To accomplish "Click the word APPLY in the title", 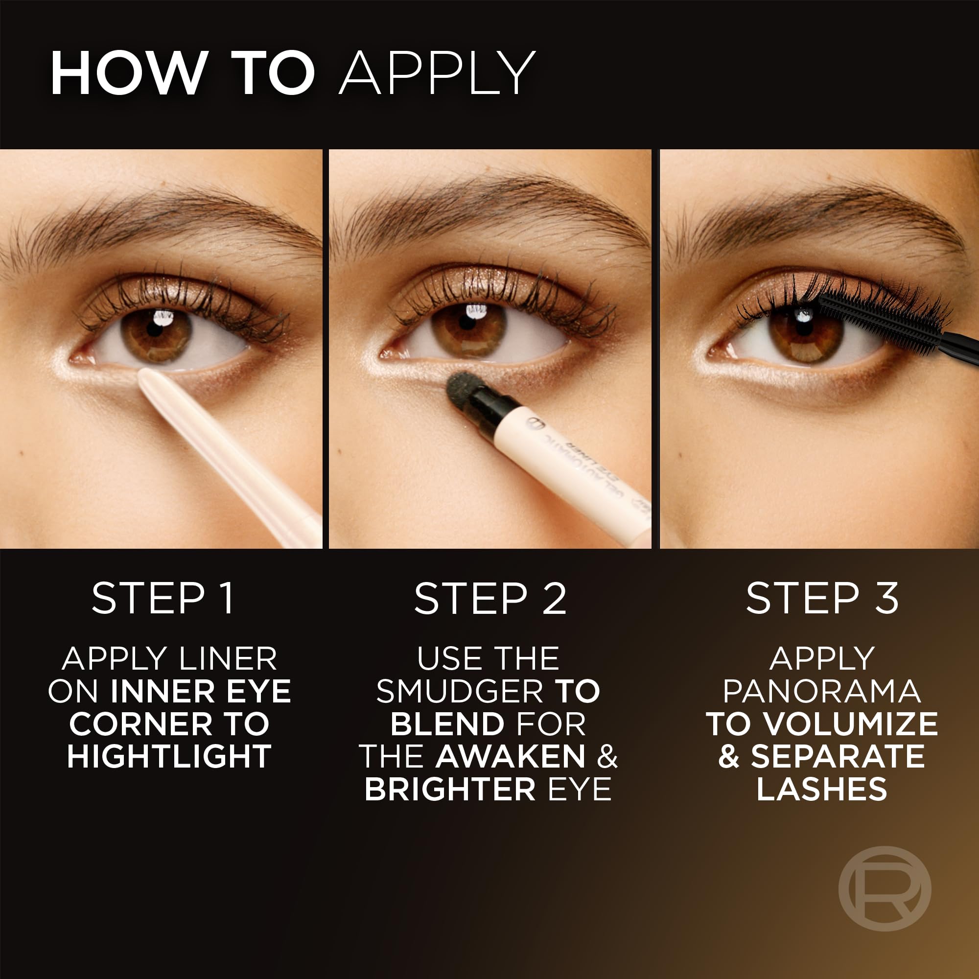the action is [x=437, y=73].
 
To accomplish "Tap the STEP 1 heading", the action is [x=163, y=599].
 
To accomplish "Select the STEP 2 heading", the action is [x=490, y=599].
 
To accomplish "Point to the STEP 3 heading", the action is [x=822, y=599].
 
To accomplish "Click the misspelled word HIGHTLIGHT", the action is [x=169, y=757].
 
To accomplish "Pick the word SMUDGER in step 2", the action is [x=460, y=692].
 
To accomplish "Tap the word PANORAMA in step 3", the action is [x=821, y=692].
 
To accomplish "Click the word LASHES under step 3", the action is [x=821, y=790].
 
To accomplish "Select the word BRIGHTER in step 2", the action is [x=450, y=790].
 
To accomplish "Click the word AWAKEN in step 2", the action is [x=510, y=757].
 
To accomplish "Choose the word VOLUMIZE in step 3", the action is [x=851, y=724].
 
